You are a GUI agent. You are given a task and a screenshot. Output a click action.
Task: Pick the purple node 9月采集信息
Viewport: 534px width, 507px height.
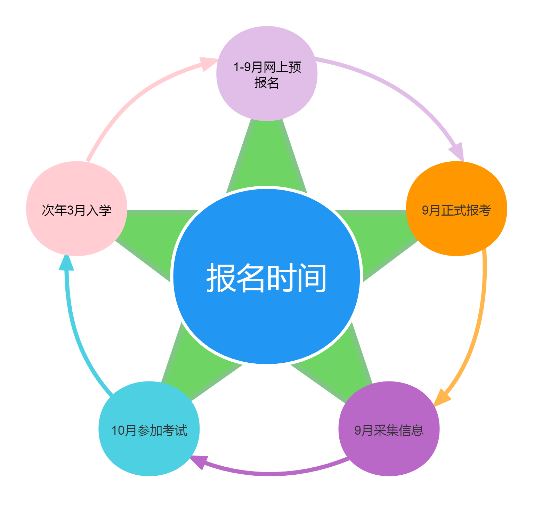click(x=389, y=452)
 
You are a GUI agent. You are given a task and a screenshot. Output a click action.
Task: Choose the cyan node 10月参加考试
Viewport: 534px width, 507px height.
click(x=149, y=452)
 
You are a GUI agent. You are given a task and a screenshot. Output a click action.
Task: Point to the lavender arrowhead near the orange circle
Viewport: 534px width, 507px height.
click(x=458, y=152)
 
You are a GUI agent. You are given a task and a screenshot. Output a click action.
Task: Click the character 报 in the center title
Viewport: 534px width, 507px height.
click(x=221, y=277)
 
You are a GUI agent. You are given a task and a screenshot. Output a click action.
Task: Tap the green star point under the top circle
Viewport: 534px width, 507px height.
click(x=267, y=156)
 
